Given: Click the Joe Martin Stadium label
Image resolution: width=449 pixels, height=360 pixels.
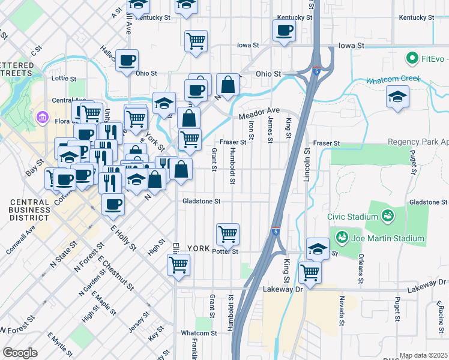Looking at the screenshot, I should (388, 238).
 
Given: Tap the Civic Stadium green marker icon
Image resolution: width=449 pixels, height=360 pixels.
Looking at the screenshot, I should (388, 215).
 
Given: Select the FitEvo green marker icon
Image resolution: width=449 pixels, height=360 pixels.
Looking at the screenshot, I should (412, 59).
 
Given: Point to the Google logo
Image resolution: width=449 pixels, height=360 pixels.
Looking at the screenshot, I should (20, 353).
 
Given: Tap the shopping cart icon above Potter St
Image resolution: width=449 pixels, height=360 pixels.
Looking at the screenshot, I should (228, 233).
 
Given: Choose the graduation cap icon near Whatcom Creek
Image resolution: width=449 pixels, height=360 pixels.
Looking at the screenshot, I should (397, 97).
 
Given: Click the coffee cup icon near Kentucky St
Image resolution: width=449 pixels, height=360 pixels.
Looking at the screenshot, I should (284, 30).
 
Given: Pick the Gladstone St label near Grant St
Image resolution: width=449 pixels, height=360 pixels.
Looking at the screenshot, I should (202, 202).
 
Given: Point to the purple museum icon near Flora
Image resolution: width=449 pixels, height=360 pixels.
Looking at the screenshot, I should (43, 116).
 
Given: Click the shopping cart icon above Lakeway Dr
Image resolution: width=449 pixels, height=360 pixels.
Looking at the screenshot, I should (310, 272).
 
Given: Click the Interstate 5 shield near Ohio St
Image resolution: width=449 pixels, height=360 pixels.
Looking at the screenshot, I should (315, 70).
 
